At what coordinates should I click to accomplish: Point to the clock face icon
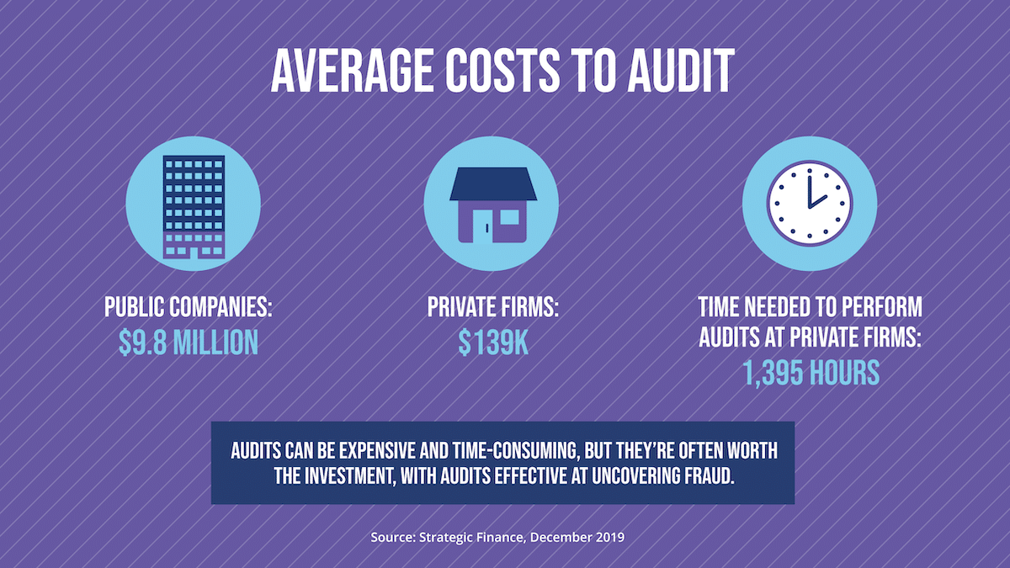click(809, 204)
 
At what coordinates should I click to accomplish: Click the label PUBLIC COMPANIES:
click(189, 307)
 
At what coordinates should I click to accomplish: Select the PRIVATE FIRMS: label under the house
click(493, 307)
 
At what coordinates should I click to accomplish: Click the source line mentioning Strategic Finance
click(497, 536)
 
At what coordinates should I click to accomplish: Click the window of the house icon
click(510, 217)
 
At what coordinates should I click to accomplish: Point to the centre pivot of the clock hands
click(810, 205)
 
